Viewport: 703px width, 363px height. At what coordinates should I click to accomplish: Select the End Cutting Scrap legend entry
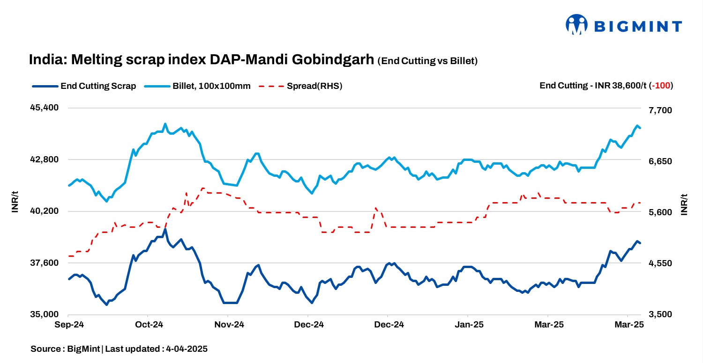pos(84,86)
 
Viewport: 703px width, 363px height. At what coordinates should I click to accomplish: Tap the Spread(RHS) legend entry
pos(300,86)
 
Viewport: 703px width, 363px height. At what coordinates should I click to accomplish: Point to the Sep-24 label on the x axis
pos(69,325)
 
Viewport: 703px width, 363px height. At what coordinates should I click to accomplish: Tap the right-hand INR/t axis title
pos(684,204)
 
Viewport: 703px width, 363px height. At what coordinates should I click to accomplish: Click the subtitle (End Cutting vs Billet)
pos(427,61)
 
